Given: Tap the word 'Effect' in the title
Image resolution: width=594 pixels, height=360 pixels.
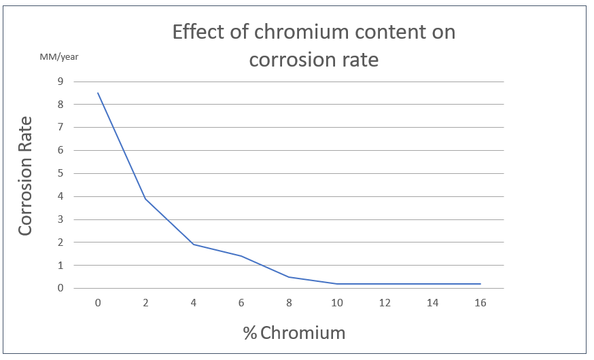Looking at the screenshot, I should coord(196,32).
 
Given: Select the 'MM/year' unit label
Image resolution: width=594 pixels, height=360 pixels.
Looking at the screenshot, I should coord(59,56).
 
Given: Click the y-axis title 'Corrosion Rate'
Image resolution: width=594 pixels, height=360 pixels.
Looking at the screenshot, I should coord(26,176).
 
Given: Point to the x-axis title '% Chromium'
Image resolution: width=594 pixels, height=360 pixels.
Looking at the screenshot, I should coord(294,333).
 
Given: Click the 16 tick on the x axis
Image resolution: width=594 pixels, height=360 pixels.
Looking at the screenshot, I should coord(480,303).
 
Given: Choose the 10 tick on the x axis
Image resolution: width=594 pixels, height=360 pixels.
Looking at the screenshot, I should coord(337,303).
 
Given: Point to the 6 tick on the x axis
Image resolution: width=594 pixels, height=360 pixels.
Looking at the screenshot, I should coord(241,303).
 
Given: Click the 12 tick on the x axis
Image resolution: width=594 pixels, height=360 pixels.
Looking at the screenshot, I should coord(385,303).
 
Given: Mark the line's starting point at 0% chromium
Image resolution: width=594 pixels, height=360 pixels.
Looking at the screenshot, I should coord(98,93).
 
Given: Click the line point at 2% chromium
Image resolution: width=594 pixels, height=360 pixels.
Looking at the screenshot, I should coord(145,198).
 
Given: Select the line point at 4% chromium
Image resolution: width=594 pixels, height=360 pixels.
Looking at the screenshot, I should coord(194,245).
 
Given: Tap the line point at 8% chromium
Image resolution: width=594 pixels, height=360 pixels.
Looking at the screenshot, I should coord(289,276).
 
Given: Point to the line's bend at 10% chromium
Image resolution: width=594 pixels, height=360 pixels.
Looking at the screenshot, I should coord(337,283).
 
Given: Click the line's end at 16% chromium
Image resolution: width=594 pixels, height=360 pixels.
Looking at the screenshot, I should coord(480,283).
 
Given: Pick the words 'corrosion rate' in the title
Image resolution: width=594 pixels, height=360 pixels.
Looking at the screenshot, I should coord(313,60).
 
